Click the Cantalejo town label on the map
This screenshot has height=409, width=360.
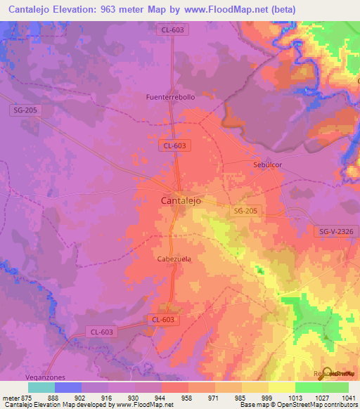[x=176, y=200]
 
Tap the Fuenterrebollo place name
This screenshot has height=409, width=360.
[x=170, y=97]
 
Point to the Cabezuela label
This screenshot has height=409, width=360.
[x=173, y=259]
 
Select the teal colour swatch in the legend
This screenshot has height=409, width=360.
[x=41, y=387]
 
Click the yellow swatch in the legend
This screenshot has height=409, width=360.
[x=281, y=387]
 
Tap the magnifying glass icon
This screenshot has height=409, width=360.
[x=326, y=373]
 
